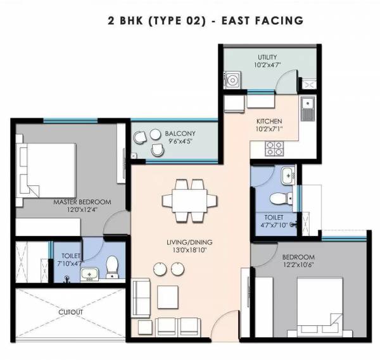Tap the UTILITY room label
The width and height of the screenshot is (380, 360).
click(x=267, y=57)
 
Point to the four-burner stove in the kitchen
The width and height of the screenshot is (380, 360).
click(x=274, y=149)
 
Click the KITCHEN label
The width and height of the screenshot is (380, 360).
click(x=269, y=121)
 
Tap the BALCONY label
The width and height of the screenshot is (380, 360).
click(x=180, y=133)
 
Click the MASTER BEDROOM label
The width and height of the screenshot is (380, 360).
click(x=82, y=202)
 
